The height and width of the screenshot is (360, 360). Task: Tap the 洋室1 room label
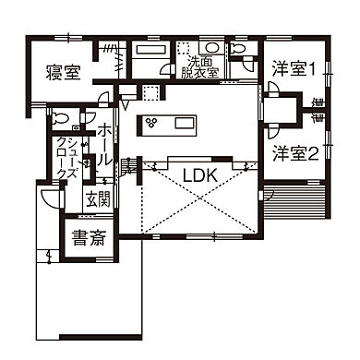294,67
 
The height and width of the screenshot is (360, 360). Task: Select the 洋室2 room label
294,153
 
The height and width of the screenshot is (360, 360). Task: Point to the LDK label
199,175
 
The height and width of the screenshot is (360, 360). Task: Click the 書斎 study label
89,237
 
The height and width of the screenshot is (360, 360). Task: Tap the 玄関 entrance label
97,198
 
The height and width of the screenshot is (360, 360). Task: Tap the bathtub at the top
149,50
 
